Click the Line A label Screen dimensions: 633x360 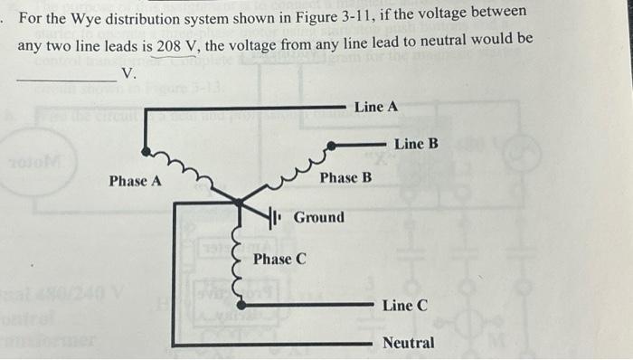click(376, 107)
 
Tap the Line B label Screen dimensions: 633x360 click(416, 144)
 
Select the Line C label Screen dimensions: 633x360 click(404, 306)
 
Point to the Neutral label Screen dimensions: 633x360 click(408, 344)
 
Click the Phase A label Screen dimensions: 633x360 click(136, 181)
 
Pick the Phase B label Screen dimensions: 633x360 click(345, 177)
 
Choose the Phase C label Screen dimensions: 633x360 click(279, 260)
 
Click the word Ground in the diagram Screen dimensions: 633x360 click(319, 217)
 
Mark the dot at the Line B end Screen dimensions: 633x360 click(333, 145)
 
